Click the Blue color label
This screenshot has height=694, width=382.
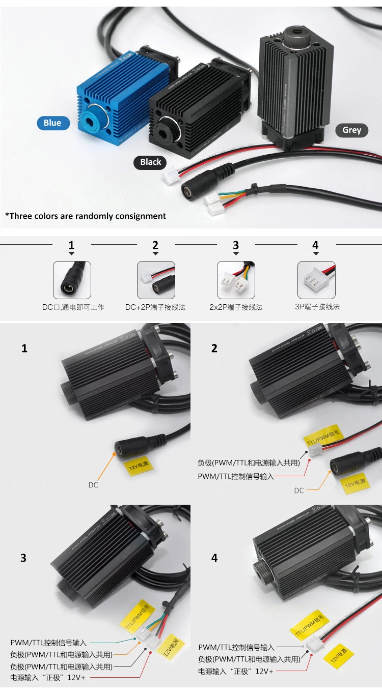tap(52, 123)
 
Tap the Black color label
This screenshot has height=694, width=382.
tap(150, 162)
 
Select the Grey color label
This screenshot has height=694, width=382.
tap(351, 130)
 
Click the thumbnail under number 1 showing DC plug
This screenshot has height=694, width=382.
tap(72, 280)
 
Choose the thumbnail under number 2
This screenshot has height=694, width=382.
tap(156, 280)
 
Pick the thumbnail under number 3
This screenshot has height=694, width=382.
tap(236, 280)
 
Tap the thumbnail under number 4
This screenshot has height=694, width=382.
tap(316, 280)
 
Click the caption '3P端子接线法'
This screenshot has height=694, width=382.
tap(317, 307)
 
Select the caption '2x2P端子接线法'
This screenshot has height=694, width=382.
tap(236, 307)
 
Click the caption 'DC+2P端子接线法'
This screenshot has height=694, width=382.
tap(155, 307)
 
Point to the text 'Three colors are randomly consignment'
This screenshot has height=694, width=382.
tap(86, 216)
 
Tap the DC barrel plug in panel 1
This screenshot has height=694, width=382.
tap(126, 449)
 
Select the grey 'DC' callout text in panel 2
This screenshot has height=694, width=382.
tap(299, 490)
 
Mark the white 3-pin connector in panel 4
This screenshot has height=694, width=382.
tap(315, 643)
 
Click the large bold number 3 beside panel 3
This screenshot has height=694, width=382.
tap(23, 558)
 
